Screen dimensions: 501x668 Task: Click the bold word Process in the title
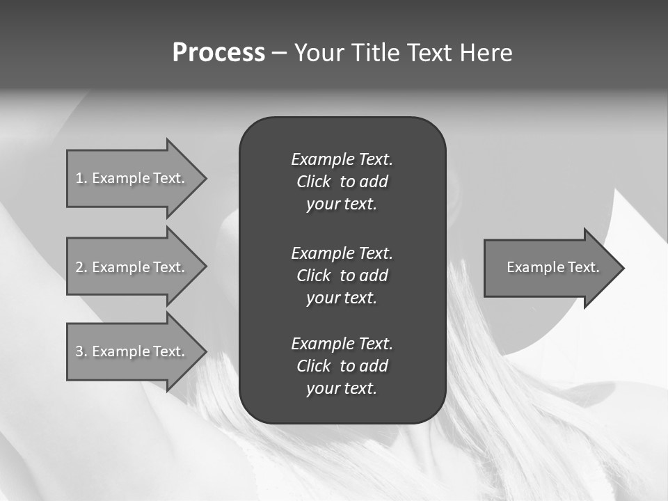pos(218,53)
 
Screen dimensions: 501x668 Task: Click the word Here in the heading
pos(486,53)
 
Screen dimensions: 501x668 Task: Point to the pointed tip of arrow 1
pos(205,178)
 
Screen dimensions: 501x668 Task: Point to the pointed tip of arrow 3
pos(205,351)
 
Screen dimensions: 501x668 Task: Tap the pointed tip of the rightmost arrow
pos(623,268)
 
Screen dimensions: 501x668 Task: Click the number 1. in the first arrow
pos(81,178)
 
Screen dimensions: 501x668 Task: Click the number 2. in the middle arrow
pos(81,267)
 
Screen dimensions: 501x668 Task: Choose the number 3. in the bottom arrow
pos(81,351)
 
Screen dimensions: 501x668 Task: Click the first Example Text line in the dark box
pos(342,159)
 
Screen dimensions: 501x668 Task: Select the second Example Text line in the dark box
pos(342,253)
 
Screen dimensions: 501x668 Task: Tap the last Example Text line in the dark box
pos(342,344)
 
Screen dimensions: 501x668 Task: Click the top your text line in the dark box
pos(342,205)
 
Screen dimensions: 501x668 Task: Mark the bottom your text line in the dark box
pos(342,389)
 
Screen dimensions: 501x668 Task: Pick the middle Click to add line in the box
pos(342,276)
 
